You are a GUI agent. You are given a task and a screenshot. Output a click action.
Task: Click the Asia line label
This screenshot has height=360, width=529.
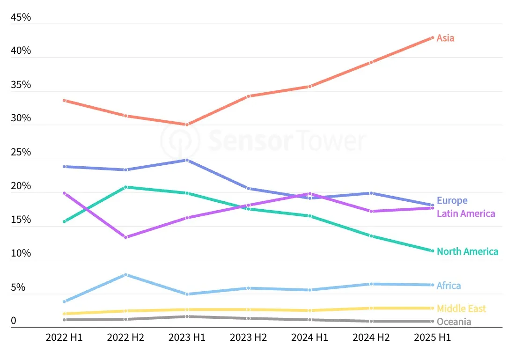(x=445, y=38)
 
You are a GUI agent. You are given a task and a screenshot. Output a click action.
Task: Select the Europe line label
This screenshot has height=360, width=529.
(x=452, y=201)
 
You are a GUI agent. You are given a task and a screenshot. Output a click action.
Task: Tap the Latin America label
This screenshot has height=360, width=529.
(x=465, y=213)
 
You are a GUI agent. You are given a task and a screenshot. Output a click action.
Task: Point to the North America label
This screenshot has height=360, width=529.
(x=467, y=251)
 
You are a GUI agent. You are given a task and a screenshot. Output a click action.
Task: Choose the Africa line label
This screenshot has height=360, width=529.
(x=448, y=286)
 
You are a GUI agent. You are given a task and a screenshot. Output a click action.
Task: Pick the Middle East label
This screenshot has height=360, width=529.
(x=461, y=309)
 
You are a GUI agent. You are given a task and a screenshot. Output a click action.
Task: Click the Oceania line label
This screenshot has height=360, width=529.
(x=454, y=322)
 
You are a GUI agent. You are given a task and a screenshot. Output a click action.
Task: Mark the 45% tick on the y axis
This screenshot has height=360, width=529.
(x=21, y=17)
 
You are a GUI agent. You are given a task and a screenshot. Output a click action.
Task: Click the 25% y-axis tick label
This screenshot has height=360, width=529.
(x=21, y=152)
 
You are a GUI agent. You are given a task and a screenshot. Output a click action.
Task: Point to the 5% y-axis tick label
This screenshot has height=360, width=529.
(x=18, y=287)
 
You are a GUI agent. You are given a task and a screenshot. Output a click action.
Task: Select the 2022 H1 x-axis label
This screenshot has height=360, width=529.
(x=64, y=338)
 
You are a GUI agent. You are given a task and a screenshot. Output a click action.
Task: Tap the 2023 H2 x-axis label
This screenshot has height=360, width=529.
(x=249, y=338)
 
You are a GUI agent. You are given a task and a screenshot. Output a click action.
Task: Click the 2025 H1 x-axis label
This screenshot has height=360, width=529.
(x=433, y=338)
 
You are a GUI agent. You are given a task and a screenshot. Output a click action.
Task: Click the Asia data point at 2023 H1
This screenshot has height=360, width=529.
(x=187, y=125)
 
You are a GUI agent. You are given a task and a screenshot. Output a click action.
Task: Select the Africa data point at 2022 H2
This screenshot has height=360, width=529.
(x=125, y=275)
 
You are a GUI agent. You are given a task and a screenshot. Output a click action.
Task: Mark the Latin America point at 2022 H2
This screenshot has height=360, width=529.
(x=125, y=237)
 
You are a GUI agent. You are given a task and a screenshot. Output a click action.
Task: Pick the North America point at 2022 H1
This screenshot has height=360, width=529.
(x=64, y=221)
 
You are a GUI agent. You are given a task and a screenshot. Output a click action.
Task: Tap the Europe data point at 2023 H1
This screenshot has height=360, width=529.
(x=187, y=160)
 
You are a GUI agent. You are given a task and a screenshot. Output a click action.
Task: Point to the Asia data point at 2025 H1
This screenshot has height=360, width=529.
(x=433, y=37)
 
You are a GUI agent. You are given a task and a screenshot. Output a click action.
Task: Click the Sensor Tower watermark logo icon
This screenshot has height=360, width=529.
(x=180, y=140)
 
